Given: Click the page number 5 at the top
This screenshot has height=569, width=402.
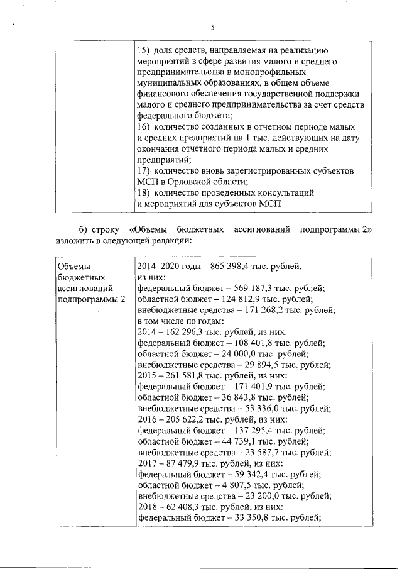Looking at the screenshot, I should click(212, 27).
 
